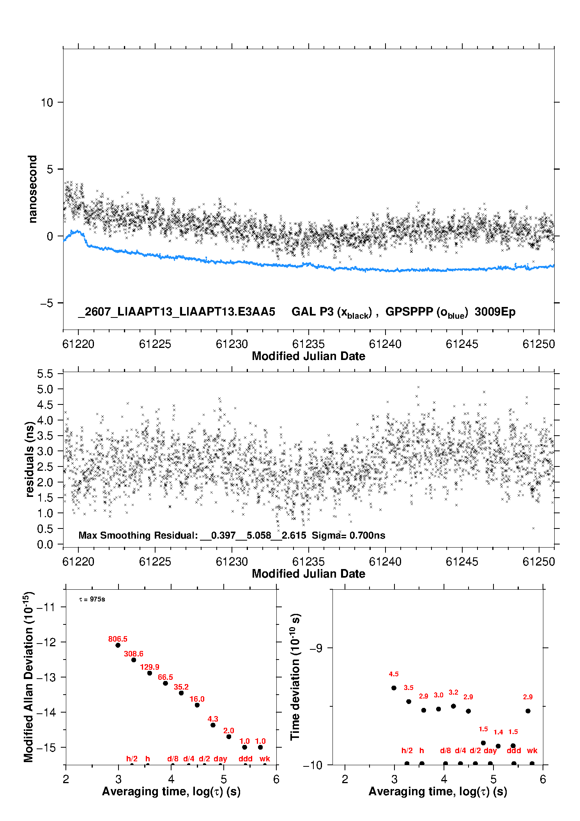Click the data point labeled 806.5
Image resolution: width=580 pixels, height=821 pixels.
[118, 645]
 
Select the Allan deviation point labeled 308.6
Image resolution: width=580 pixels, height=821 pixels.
[134, 660]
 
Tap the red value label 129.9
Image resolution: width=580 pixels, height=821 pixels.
[150, 667]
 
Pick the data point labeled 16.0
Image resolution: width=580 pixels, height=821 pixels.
[197, 705]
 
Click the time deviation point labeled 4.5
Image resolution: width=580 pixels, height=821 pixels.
[394, 688]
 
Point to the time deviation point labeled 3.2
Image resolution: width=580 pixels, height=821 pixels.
[453, 706]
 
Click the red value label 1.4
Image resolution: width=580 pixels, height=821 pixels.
[498, 732]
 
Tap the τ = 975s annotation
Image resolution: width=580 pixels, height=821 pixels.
[92, 599]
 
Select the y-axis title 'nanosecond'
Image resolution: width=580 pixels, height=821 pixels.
[32, 189]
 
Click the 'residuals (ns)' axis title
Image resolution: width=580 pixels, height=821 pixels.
[30, 459]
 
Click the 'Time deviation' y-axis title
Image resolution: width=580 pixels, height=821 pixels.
[295, 677]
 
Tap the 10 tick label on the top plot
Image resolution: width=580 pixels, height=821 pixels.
[47, 103]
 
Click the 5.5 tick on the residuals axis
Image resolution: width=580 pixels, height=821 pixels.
[45, 374]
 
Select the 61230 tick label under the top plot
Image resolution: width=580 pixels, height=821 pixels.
[232, 344]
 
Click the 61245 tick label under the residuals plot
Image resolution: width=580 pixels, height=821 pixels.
[462, 562]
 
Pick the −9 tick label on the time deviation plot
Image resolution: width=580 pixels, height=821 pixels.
[316, 648]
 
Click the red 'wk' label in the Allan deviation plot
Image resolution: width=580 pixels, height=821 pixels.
[265, 759]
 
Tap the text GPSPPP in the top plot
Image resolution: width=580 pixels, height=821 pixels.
[409, 312]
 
